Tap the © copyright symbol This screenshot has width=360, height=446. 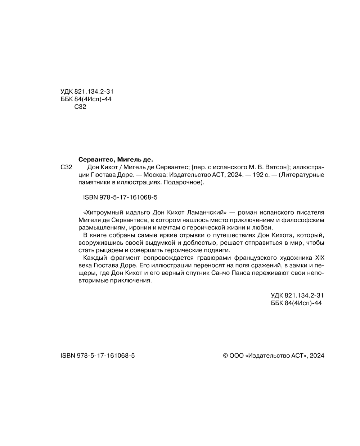[x=226, y=356]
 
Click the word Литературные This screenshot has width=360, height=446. [x=303, y=175]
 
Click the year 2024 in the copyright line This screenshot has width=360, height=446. [x=317, y=356]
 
